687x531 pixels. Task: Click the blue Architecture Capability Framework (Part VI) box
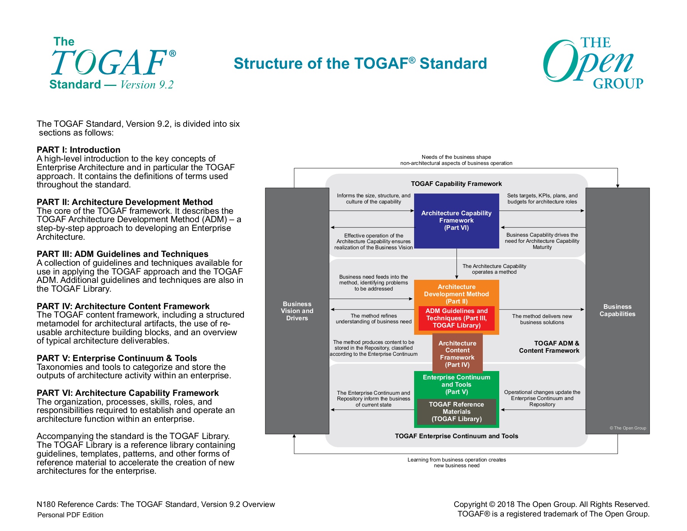456,221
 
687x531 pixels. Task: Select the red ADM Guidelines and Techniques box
456,318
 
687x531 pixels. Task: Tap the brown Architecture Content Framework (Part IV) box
457,354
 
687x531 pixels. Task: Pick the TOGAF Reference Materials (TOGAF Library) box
456,412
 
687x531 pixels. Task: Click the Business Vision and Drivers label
297,311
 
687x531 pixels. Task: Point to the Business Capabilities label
617,310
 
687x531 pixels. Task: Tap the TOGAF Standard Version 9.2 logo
113,63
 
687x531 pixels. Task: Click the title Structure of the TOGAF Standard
360,63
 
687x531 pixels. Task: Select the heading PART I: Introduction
79,150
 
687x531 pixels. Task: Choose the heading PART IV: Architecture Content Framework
123,306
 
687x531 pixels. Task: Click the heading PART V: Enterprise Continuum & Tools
117,358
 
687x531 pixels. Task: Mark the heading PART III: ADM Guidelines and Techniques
123,254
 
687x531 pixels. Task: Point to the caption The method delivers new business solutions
542,319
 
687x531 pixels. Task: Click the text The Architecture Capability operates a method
494,269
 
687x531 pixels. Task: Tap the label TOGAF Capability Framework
456,184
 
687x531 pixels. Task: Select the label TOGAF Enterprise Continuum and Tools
456,436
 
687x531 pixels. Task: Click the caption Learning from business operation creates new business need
456,463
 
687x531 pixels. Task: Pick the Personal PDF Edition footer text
70,515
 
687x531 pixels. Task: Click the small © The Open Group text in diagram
628,428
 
